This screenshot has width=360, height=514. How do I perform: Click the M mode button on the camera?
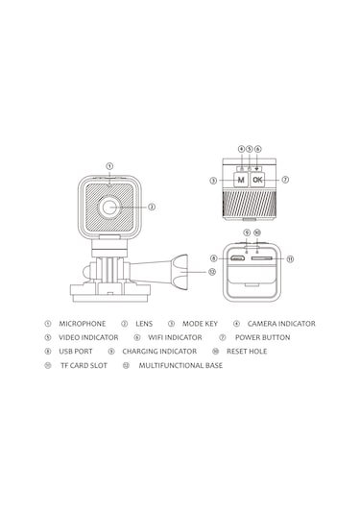[x=241, y=180]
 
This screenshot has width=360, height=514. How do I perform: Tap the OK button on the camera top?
[x=257, y=180]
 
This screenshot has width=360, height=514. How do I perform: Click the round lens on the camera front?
[x=109, y=208]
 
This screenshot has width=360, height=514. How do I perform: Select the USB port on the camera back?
[x=237, y=258]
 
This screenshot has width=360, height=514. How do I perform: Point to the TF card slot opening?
[x=262, y=258]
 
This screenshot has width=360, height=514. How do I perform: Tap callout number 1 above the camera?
[x=109, y=166]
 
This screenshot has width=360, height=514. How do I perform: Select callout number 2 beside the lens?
[x=152, y=207]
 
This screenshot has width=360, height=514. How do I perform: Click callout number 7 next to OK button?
[x=285, y=180]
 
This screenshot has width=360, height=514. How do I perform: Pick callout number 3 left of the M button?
[x=213, y=181]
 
